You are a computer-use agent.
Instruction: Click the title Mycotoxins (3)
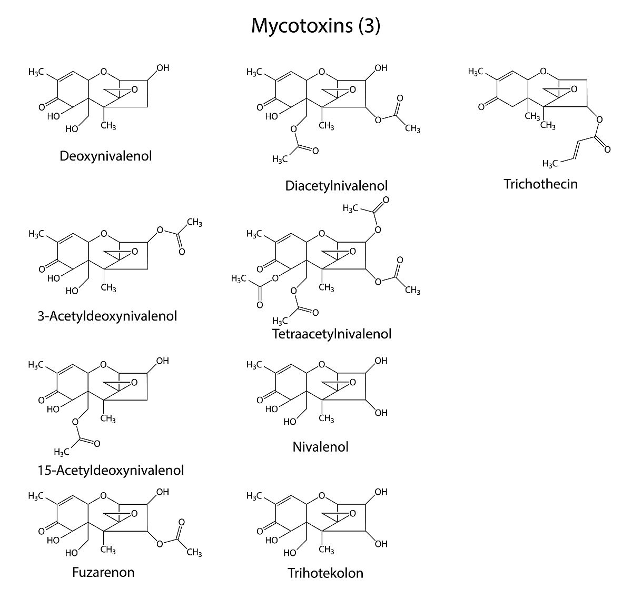coord(315,25)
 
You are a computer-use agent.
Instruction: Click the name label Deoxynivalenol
coord(106,156)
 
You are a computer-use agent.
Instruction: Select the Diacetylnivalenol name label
coord(336,186)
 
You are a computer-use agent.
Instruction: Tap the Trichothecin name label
coord(540,184)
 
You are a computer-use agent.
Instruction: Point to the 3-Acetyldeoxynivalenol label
coord(107,316)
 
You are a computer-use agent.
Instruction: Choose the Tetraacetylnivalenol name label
coord(332,334)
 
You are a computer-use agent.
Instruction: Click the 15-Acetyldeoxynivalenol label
coord(111,470)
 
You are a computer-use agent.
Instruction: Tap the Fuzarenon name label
coord(103,572)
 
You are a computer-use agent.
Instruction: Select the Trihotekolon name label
coord(325,573)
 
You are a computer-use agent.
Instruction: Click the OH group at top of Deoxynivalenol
coord(163,68)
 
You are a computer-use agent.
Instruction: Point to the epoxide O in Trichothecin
coord(574,89)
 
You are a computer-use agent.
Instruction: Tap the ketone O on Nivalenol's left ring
coord(260,400)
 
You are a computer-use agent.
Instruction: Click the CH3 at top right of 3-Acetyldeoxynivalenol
coord(194,223)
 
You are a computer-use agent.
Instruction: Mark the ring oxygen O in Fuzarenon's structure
coord(103,496)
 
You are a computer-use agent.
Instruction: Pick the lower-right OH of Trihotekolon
coord(381,544)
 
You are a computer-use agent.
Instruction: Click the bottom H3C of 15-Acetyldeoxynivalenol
coord(62,452)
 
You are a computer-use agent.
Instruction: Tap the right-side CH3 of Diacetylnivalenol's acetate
coord(412,128)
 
